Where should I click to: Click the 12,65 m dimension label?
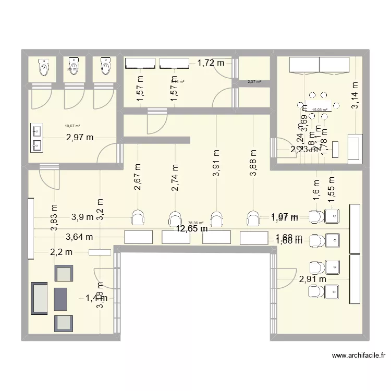(191, 228)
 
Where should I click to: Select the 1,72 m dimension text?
(211, 63)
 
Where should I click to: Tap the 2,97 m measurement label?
(80, 138)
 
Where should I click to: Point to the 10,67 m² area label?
(72, 126)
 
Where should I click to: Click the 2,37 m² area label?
(254, 82)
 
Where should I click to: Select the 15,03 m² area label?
(319, 110)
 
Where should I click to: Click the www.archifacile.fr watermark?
(359, 356)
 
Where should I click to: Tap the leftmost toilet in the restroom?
(43, 67)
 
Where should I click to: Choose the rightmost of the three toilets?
(105, 67)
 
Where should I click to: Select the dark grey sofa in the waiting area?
(40, 298)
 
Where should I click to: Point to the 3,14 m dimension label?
(355, 95)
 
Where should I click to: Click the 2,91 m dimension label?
(313, 279)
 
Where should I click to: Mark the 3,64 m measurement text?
(79, 237)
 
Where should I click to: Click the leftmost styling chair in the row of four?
(138, 218)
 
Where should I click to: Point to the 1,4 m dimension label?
(96, 298)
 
